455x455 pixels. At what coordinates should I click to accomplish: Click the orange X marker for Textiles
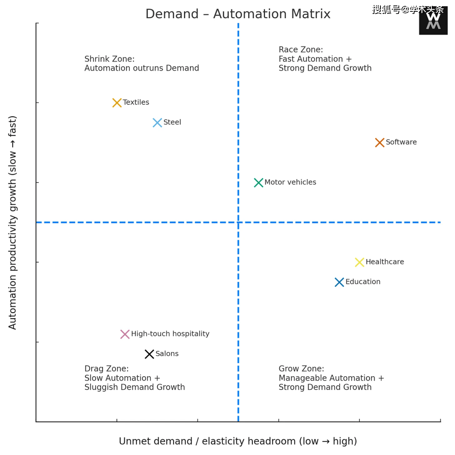[x=117, y=102]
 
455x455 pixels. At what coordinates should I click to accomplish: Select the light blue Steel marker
[x=157, y=123]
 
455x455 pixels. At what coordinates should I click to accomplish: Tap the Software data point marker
[x=380, y=142]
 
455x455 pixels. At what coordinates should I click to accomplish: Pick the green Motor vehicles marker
[x=259, y=182]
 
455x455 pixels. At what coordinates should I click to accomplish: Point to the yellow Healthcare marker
[x=359, y=262]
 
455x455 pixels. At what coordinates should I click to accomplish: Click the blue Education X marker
[x=339, y=282]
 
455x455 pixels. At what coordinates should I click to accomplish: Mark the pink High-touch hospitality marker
[x=125, y=334]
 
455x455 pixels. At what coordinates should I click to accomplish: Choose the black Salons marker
[x=149, y=354]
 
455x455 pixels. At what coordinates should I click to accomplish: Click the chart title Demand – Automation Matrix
[x=238, y=14]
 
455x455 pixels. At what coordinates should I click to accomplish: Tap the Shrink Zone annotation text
[x=142, y=64]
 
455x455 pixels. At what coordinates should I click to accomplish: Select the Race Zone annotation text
[x=325, y=59]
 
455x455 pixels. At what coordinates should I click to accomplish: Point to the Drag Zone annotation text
[x=134, y=378]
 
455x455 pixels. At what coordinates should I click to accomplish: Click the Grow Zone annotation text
[x=331, y=378]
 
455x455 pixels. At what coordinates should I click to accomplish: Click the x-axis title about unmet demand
[x=238, y=441]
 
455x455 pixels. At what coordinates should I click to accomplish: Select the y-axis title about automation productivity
[x=13, y=222]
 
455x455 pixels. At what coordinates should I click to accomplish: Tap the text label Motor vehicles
[x=290, y=182]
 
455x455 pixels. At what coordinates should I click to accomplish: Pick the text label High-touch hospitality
[x=170, y=334]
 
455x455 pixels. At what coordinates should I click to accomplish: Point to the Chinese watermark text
[x=407, y=9]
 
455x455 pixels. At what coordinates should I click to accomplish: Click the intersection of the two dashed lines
[x=238, y=222]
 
